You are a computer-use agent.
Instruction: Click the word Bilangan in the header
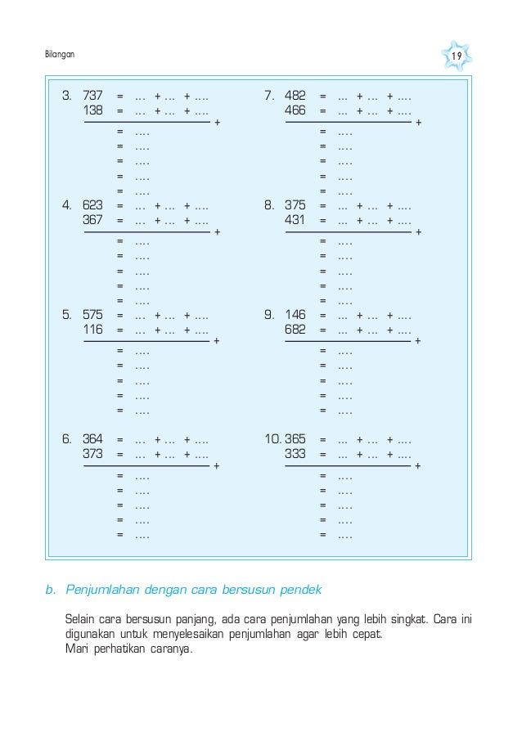[x=58, y=55]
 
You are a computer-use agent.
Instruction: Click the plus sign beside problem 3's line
[x=216, y=123]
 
